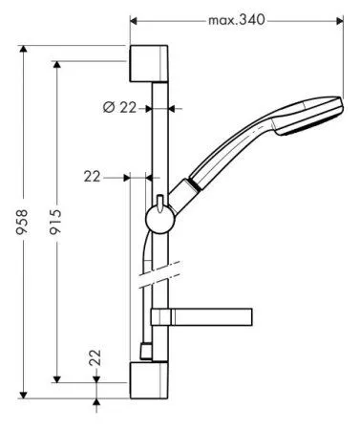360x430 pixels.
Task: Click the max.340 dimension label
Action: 236,18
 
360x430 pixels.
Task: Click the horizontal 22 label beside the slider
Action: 93,176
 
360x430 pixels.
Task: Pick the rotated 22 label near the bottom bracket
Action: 95,358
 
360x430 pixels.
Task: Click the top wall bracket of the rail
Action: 149,63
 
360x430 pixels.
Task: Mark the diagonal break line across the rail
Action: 160,280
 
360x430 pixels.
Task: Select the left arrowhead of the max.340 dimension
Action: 133,19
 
